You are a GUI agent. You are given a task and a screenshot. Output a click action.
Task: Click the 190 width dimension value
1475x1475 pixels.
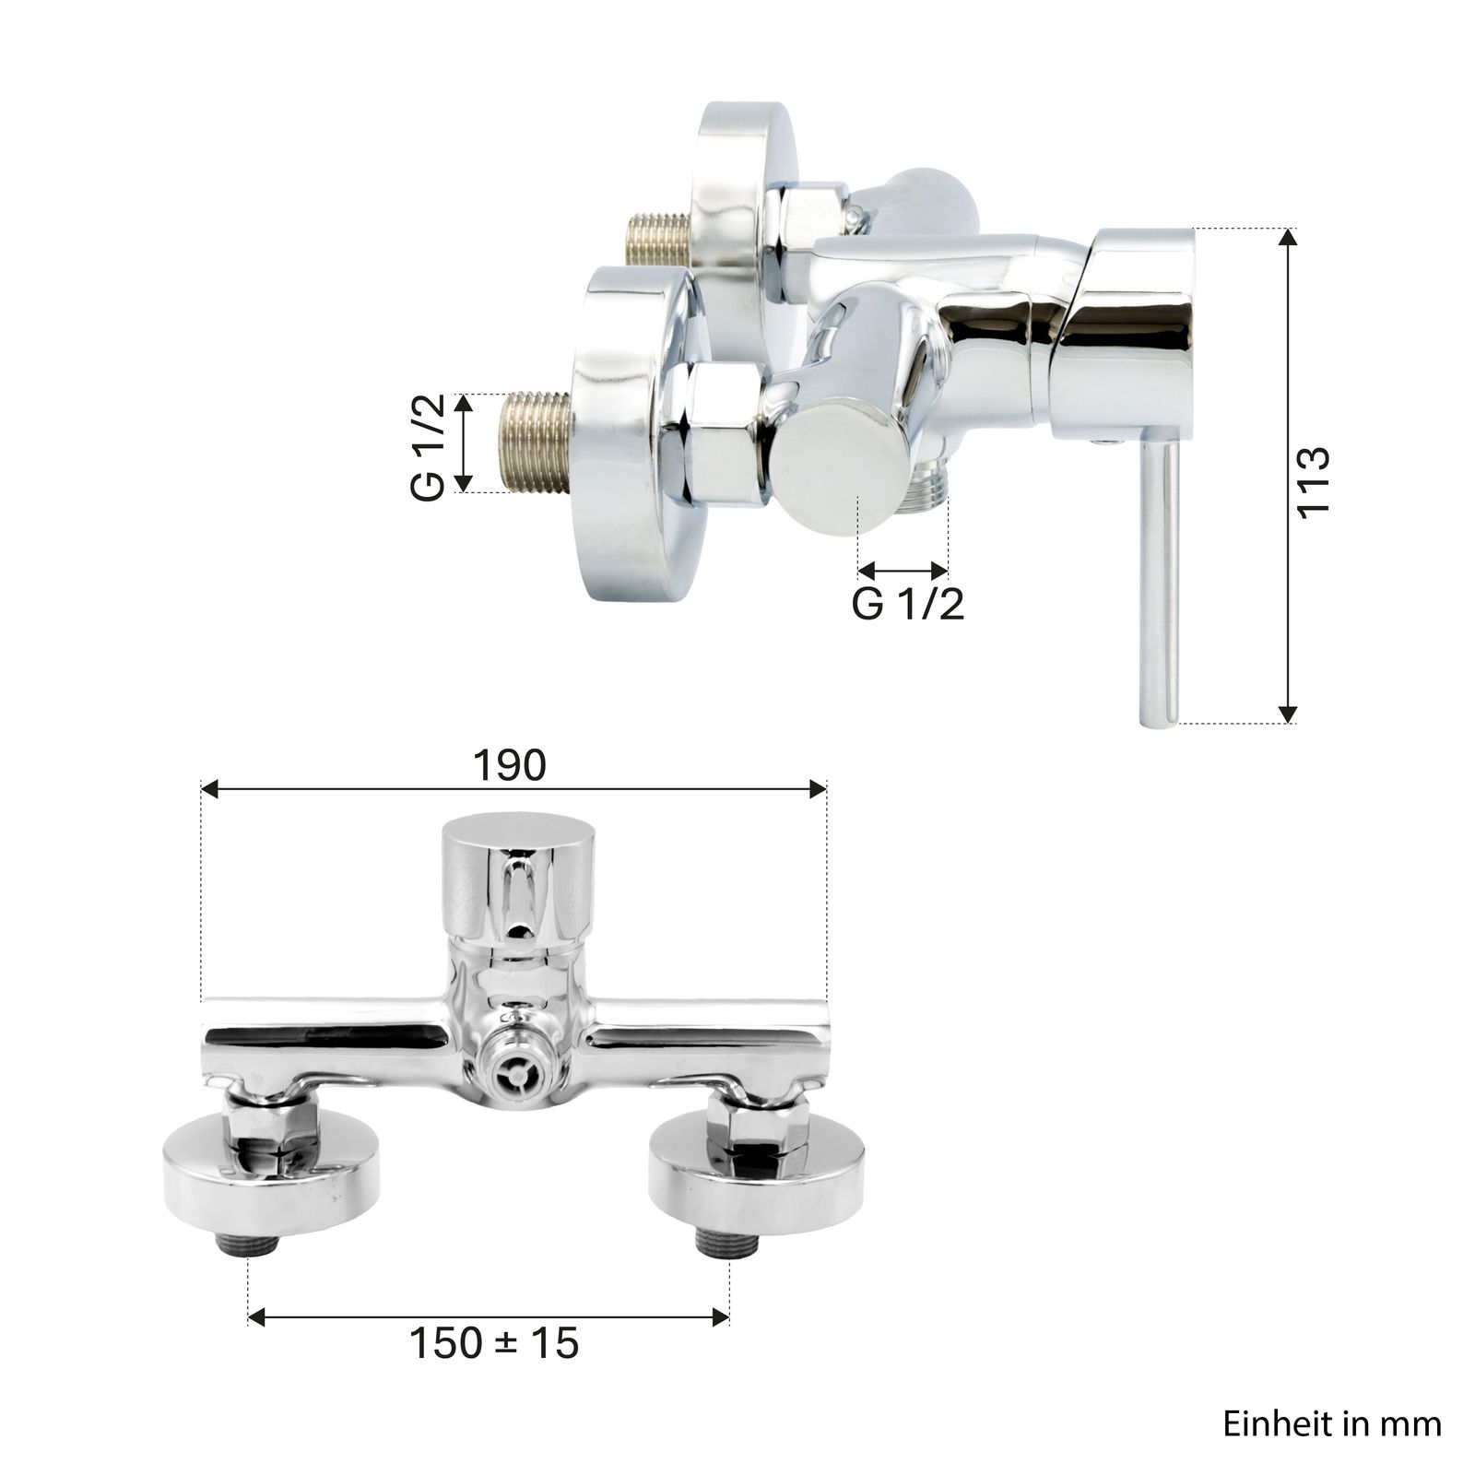[x=510, y=765]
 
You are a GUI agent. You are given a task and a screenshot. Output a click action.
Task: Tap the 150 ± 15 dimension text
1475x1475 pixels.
[x=494, y=1343]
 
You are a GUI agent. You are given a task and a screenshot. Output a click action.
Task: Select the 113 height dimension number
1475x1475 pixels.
[x=1313, y=482]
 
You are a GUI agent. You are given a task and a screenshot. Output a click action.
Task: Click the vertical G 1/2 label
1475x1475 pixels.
[x=428, y=446]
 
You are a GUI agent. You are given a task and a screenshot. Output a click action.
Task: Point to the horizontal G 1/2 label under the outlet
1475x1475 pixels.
[x=908, y=604]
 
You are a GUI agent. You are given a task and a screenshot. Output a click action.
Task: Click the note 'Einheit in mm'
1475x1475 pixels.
[x=1332, y=1423]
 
